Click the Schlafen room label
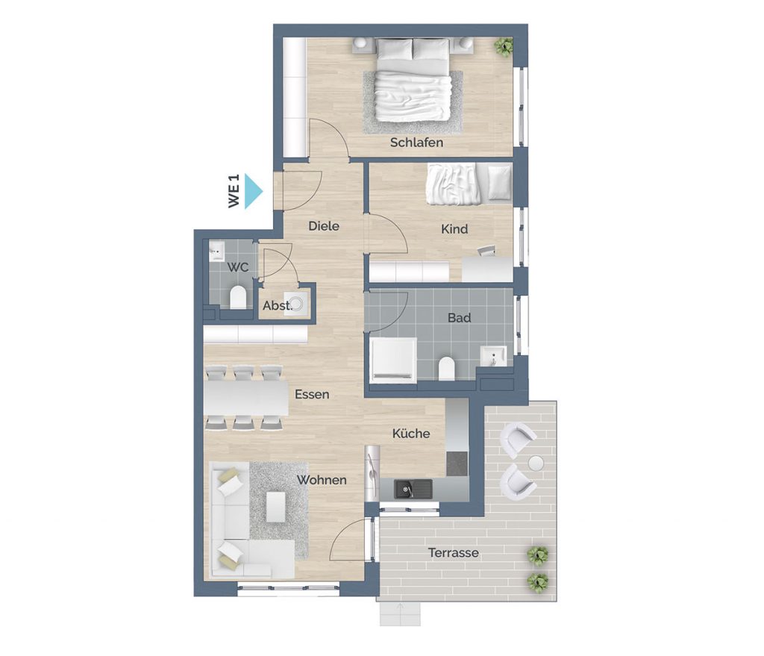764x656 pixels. [416, 143]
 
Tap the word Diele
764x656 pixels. [324, 226]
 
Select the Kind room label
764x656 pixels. [454, 229]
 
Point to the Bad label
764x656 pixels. [460, 318]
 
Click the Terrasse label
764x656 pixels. [453, 553]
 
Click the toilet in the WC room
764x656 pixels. [238, 297]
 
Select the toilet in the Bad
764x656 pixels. [446, 369]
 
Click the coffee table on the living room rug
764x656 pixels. [276, 507]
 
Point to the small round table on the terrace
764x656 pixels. [536, 463]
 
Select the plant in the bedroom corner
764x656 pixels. [504, 47]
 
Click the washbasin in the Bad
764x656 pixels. [494, 356]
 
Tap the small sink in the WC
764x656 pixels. [217, 251]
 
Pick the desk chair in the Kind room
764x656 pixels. [486, 251]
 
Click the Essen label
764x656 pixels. [313, 394]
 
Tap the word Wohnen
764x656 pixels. [322, 480]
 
